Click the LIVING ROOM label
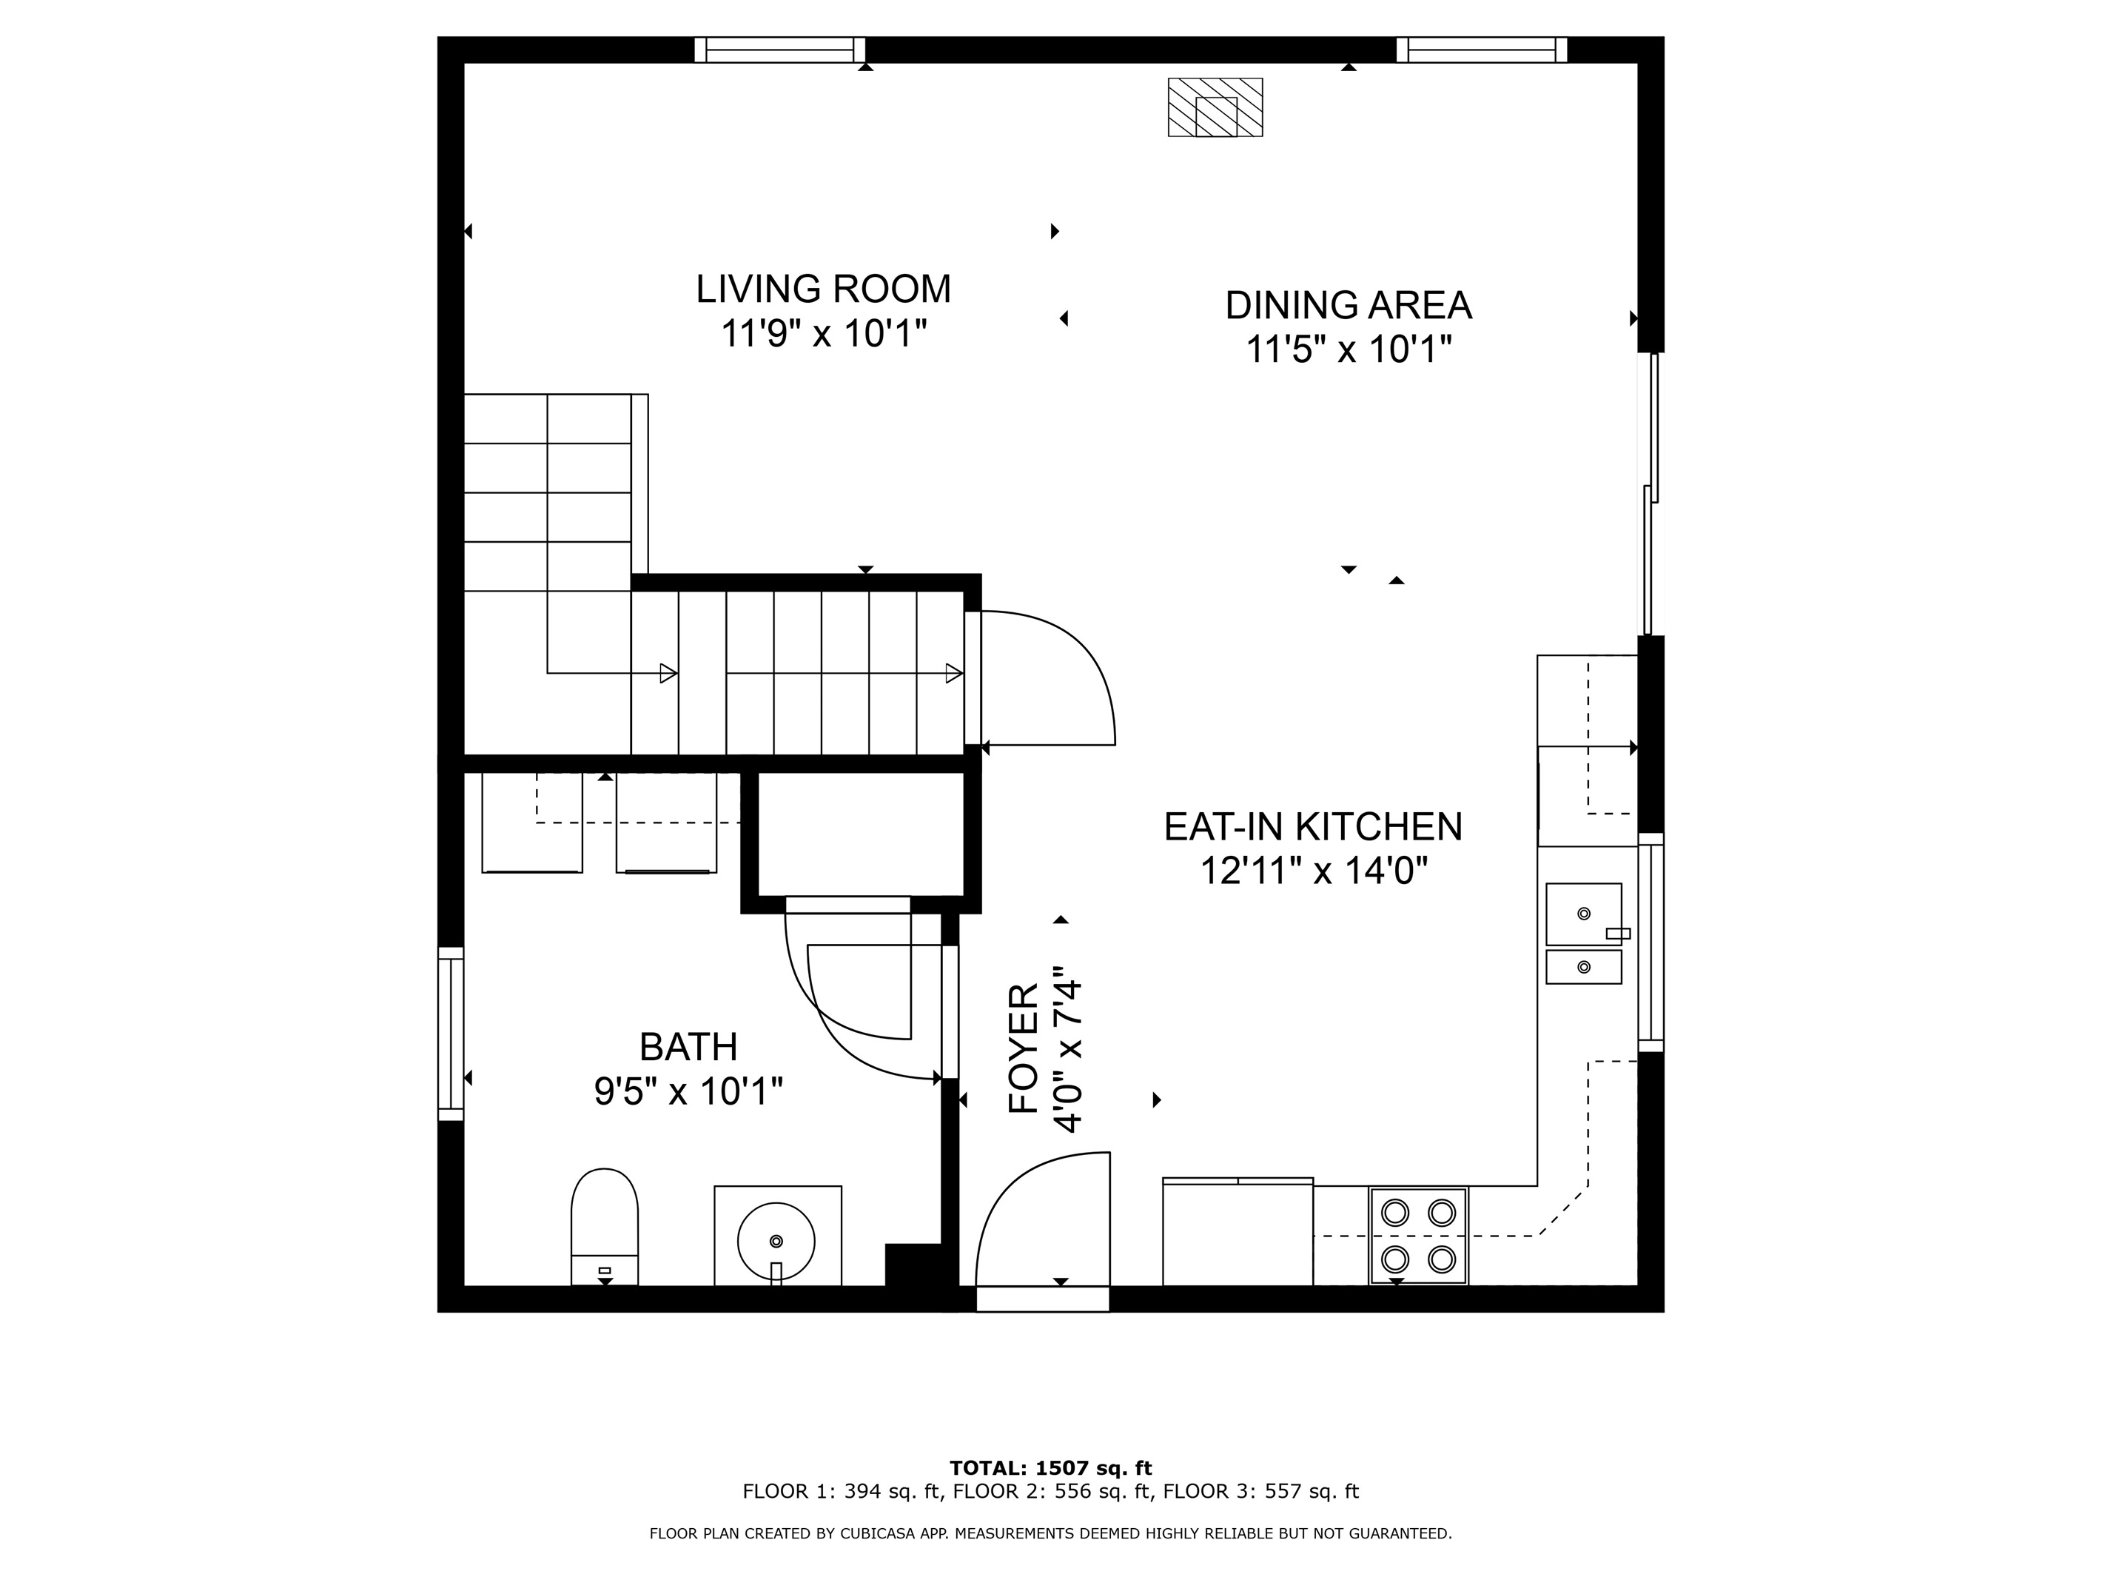pos(823,289)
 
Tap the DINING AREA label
pos(1349,305)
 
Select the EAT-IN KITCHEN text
pos(1313,827)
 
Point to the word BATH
pos(688,1048)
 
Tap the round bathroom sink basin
pos(776,1242)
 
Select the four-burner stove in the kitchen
pos(1419,1236)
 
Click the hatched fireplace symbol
pos(1215,107)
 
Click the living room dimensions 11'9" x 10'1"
pos(823,335)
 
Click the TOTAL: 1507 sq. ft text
pos(1051,1469)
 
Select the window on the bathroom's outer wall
pos(451,1034)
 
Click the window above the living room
pos(780,50)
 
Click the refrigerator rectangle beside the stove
pos(1238,1232)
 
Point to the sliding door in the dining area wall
pos(1651,495)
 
